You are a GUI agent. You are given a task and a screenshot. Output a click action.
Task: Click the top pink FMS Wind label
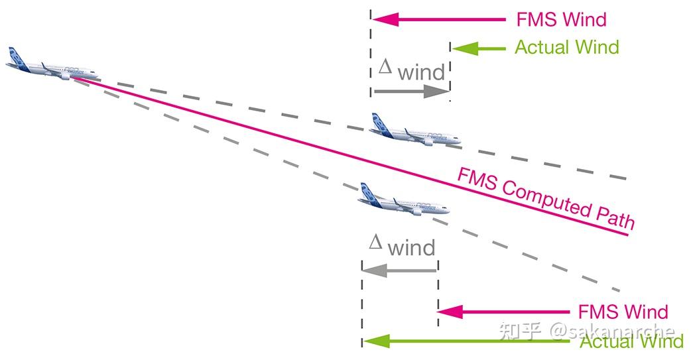[561, 19]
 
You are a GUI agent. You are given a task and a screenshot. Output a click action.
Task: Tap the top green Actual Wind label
[567, 47]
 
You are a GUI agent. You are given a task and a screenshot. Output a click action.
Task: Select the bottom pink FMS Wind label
[623, 312]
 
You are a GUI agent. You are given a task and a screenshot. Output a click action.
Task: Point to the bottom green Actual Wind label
[632, 341]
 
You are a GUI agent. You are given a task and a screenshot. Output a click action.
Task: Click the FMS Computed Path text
[546, 198]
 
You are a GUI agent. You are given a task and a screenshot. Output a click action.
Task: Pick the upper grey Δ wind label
[412, 70]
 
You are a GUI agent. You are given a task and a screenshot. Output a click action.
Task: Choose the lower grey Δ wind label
[402, 245]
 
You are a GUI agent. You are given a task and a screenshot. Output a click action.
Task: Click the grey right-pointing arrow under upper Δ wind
[411, 91]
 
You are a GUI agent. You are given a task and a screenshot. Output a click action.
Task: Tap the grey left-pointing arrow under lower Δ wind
[399, 270]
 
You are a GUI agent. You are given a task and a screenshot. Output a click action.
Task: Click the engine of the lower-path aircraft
[416, 211]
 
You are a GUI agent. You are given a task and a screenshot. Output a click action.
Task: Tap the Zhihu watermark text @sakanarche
[613, 331]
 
